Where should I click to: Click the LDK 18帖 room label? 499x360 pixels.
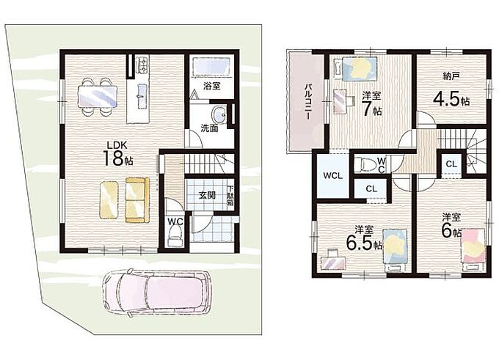click(117, 154)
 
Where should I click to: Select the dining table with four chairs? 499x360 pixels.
click(98, 96)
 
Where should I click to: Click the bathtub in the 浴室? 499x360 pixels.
click(211, 67)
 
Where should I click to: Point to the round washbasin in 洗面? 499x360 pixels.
click(219, 114)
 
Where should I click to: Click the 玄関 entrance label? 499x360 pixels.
click(207, 195)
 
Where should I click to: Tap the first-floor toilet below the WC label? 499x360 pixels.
click(175, 237)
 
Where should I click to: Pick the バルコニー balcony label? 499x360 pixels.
click(307, 102)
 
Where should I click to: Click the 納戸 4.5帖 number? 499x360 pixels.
click(451, 100)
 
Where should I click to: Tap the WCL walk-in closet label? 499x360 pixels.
click(332, 175)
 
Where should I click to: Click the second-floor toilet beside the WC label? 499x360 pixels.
click(365, 164)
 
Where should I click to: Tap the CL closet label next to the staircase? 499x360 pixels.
click(451, 164)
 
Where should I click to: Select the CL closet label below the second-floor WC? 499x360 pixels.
click(371, 189)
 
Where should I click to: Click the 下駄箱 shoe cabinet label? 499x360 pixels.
click(230, 196)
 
